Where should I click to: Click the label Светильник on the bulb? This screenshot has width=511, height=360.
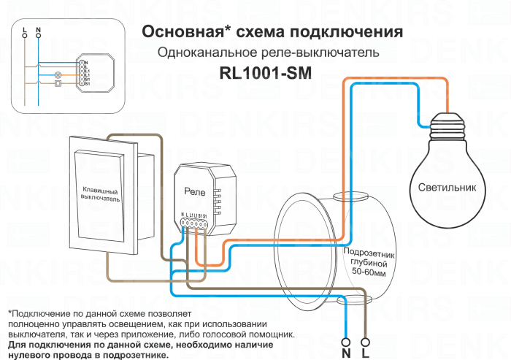[447, 187]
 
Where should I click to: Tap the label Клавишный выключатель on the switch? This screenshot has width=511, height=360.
[100, 194]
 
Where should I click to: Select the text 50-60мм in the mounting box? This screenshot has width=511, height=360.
[369, 272]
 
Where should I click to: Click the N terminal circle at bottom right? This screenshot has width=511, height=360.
[346, 340]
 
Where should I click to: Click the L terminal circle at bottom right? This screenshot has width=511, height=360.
[366, 340]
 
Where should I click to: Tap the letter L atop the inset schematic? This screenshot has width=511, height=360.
[25, 32]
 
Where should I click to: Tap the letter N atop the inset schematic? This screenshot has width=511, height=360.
[38, 32]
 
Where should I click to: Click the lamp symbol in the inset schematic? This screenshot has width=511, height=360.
[58, 74]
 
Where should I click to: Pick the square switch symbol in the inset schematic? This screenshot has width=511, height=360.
[58, 83]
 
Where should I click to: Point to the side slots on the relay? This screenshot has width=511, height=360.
[218, 200]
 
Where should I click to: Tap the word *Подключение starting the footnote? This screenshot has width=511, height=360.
[36, 313]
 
